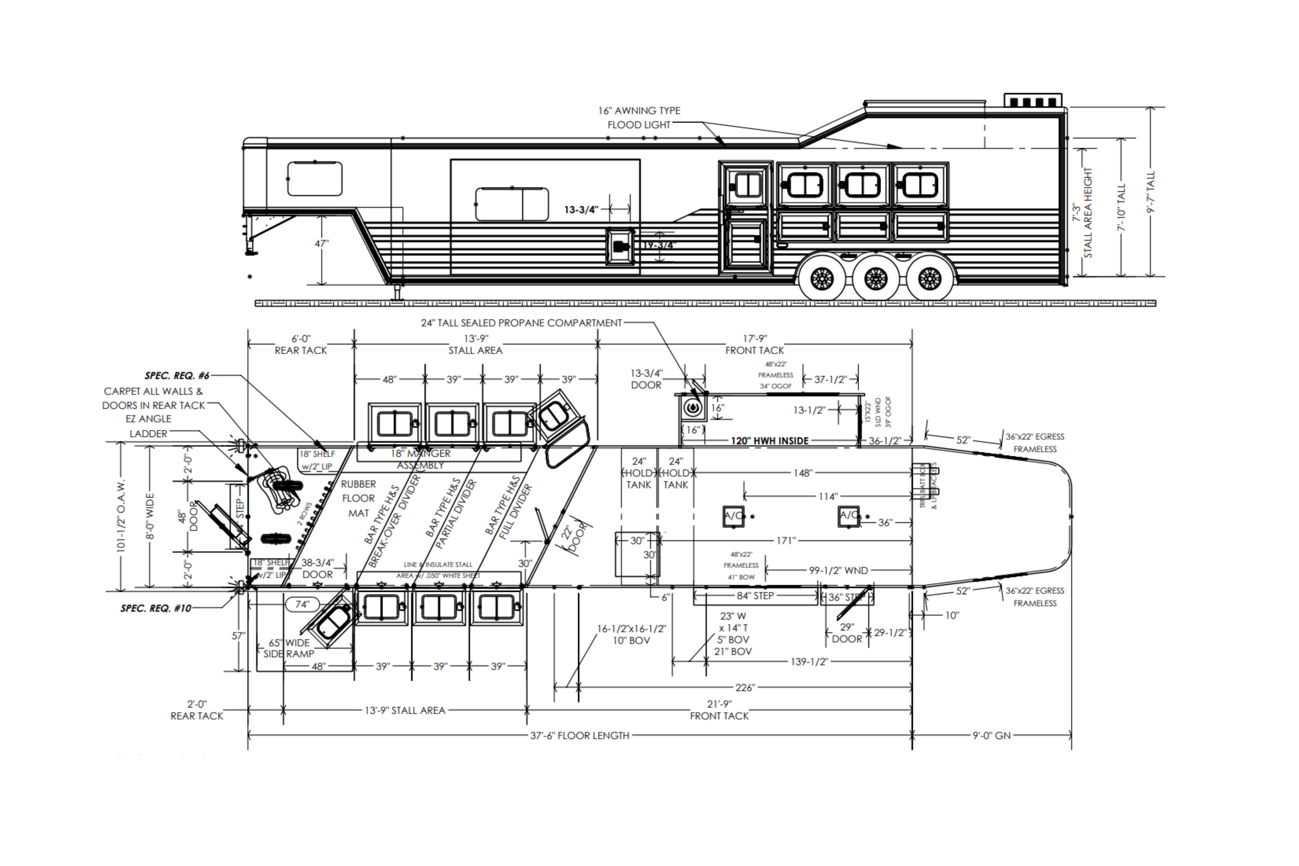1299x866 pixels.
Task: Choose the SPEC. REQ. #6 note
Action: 177,376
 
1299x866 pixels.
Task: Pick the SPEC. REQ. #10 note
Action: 156,608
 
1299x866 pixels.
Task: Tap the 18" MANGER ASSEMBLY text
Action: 421,459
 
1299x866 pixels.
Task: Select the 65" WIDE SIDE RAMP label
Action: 289,648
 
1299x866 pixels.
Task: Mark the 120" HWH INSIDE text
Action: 770,441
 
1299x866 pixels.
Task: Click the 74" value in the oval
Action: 302,604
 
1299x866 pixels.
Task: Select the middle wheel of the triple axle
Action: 876,279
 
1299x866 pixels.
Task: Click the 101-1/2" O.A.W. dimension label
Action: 122,515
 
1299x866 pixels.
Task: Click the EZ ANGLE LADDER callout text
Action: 148,426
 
